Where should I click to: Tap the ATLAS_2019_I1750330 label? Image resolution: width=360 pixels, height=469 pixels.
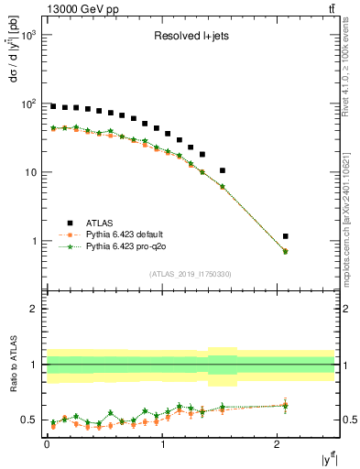pos(189,273)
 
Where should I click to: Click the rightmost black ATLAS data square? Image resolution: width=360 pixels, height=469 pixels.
pos(286,236)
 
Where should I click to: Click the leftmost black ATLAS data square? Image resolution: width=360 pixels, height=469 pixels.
pos(53,106)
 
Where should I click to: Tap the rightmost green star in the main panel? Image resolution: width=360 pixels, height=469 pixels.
pos(286,251)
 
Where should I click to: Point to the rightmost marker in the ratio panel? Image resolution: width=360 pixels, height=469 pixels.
pos(286,405)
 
